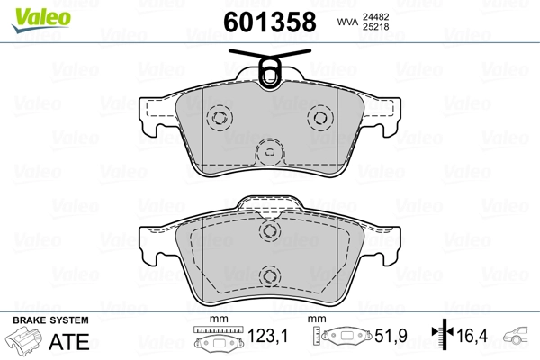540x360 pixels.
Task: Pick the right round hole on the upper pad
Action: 319,117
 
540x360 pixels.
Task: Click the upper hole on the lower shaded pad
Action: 268,232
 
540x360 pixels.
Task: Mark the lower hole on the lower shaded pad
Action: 268,276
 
